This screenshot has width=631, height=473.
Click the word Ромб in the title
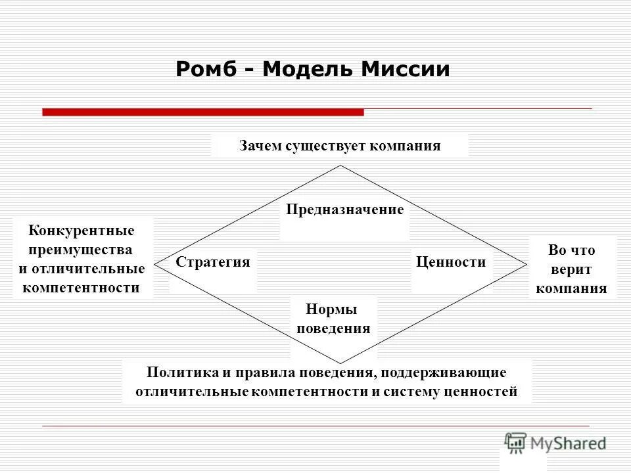point(206,70)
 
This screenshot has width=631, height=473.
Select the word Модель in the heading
point(307,70)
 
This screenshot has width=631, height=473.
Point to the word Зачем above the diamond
point(260,146)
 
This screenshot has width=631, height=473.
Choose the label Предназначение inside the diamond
point(344,210)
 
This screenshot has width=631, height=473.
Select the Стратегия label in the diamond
point(213,262)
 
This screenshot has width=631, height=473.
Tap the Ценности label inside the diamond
point(451,262)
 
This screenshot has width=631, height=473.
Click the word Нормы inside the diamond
point(333,309)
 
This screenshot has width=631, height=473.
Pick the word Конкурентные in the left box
point(82,231)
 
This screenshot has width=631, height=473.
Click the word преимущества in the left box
point(82,250)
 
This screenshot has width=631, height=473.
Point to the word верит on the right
point(571,269)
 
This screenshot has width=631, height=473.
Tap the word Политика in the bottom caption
point(182,372)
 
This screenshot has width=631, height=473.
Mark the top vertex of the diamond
point(340,166)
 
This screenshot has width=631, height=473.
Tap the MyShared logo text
point(569,443)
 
